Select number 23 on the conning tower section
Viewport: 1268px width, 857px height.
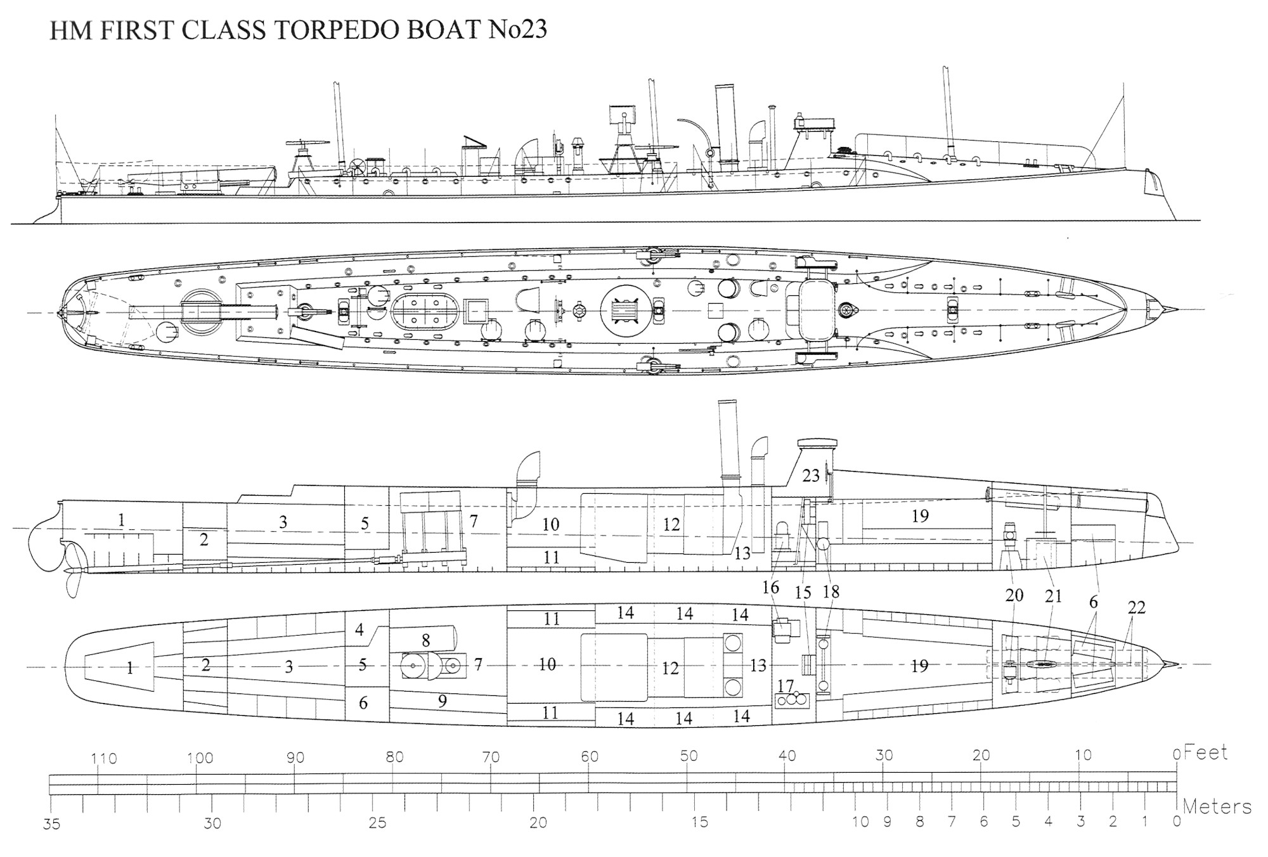(811, 475)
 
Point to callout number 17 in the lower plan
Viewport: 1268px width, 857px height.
(786, 686)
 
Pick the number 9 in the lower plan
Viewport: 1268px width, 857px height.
(443, 700)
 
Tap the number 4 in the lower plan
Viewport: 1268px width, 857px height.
(359, 630)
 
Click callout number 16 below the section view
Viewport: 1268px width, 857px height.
(770, 588)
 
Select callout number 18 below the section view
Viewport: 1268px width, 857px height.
(831, 591)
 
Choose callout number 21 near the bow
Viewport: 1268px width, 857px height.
(1053, 596)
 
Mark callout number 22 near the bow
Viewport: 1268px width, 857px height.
(1137, 607)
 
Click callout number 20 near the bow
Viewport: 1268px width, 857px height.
(1014, 595)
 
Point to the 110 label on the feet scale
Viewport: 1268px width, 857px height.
(103, 759)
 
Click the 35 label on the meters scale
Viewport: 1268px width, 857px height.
(51, 825)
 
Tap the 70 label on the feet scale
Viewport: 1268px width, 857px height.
(491, 757)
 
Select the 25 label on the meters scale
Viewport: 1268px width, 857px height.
(377, 823)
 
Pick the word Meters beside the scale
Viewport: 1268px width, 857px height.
(1217, 807)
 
